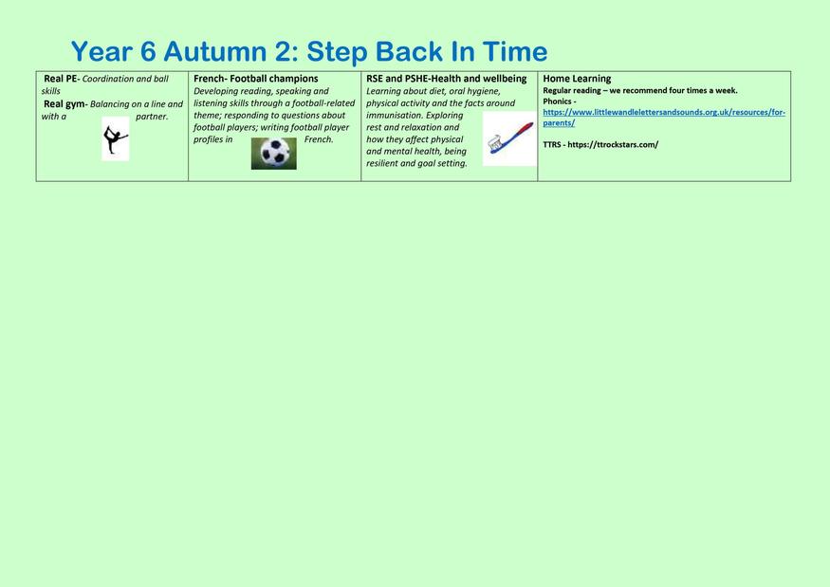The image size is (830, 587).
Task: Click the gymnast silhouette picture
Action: click(x=116, y=138)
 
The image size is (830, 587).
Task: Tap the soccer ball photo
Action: click(x=274, y=154)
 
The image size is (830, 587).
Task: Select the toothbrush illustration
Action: click(x=509, y=138)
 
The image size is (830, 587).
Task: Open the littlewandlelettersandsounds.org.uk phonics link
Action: click(x=664, y=118)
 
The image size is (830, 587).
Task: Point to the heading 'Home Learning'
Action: click(x=577, y=79)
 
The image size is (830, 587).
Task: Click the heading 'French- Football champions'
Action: click(x=256, y=79)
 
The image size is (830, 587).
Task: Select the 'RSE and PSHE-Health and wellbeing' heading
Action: click(x=446, y=79)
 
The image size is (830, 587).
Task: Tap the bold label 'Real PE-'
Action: click(x=62, y=79)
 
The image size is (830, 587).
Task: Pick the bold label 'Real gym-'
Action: click(x=65, y=104)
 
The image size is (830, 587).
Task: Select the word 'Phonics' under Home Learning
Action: click(x=557, y=101)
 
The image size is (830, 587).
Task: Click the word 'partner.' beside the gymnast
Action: click(x=152, y=117)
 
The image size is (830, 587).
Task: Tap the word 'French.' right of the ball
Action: click(x=319, y=139)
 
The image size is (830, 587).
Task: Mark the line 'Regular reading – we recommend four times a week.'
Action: click(x=640, y=90)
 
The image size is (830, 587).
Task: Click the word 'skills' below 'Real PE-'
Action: click(x=51, y=91)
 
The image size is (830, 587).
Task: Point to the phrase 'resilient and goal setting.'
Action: click(x=416, y=163)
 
